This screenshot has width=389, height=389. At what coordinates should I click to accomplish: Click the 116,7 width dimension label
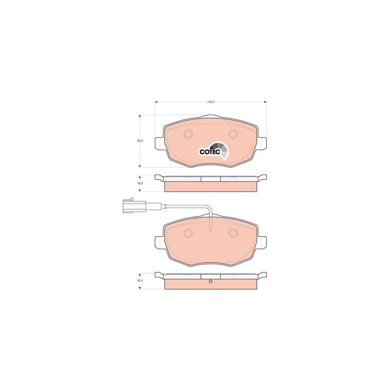pyautogui.click(x=211, y=102)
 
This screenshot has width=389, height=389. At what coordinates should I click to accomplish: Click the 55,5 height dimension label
pyautogui.click(x=140, y=140)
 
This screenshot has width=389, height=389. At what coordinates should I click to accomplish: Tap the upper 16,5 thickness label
pyautogui.click(x=140, y=183)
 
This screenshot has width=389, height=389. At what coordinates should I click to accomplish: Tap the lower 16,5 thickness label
pyautogui.click(x=140, y=280)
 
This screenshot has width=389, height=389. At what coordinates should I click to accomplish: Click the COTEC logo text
pyautogui.click(x=210, y=152)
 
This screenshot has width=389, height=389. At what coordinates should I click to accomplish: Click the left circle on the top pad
pyautogui.click(x=188, y=135)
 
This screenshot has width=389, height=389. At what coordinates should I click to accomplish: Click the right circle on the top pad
pyautogui.click(x=233, y=135)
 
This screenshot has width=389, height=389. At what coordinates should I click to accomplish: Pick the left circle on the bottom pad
pyautogui.click(x=188, y=233)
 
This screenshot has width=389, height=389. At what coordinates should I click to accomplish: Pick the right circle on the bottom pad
pyautogui.click(x=233, y=233)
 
